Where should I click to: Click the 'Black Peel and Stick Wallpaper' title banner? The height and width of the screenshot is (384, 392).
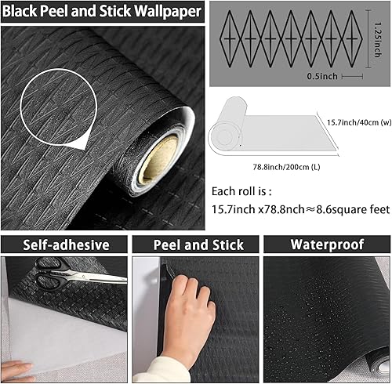click(x=103, y=11)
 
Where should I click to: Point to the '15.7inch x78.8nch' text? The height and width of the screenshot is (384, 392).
click(x=263, y=210)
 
